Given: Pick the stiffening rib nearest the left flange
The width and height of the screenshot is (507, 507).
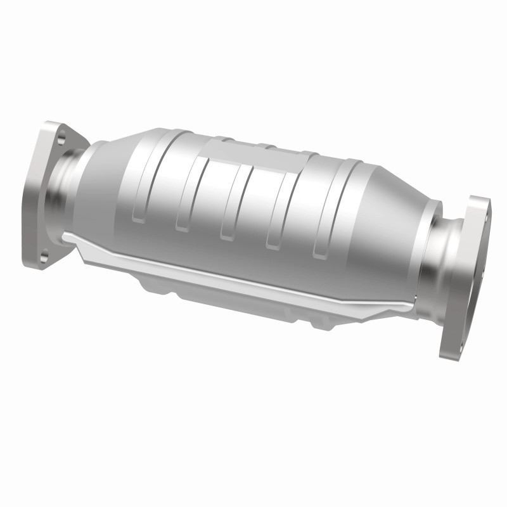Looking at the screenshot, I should pyautogui.click(x=139, y=190).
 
